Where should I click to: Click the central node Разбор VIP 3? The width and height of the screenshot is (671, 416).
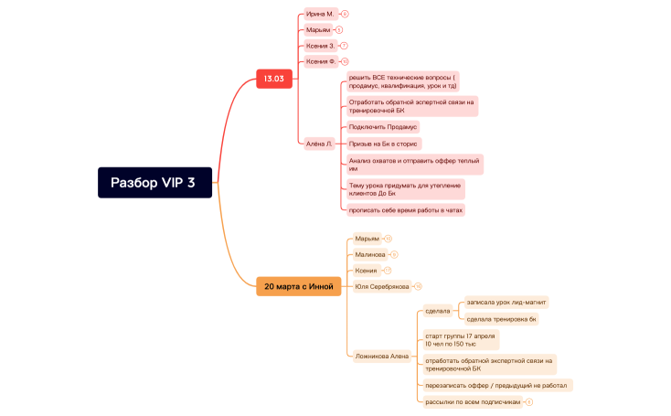tap(154, 182)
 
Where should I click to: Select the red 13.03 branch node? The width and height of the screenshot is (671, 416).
tap(273, 79)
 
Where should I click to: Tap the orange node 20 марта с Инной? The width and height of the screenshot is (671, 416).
tap(299, 286)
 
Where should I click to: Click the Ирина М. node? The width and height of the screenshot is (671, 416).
tap(320, 15)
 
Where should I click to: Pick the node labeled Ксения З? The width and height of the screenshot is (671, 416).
tap(320, 45)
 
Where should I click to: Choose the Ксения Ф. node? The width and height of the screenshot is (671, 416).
tap(321, 61)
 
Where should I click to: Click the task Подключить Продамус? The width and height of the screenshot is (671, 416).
tap(382, 127)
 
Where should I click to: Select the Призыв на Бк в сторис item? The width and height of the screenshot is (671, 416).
tap(383, 144)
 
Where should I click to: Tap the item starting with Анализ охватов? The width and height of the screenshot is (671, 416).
tap(413, 165)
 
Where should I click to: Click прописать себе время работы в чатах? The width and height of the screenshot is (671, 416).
tap(405, 210)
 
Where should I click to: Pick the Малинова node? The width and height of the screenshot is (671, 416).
tap(369, 254)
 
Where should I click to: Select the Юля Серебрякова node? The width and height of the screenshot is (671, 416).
tap(381, 286)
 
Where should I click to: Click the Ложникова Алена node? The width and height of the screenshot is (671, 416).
tap(380, 357)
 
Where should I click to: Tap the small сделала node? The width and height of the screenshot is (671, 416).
tap(438, 311)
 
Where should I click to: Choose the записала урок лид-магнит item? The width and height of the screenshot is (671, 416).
tap(506, 302)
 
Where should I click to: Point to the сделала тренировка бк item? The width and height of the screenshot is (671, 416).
tap(501, 319)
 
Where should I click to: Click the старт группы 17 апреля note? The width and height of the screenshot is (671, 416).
tap(460, 340)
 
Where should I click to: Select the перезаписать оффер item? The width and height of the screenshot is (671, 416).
tap(496, 385)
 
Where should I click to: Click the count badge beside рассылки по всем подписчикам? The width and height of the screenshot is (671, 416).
tap(529, 402)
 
